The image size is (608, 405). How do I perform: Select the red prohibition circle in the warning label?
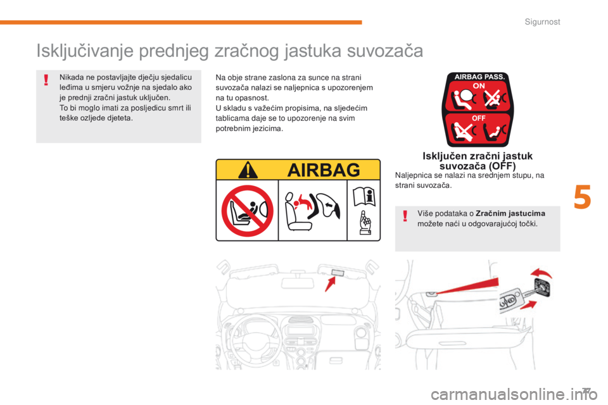coord(247,211)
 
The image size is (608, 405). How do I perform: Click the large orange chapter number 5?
coord(583,197)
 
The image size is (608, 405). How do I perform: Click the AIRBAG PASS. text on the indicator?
coord(478,77)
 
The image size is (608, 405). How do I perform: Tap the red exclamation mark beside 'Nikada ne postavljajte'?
coord(46,80)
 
